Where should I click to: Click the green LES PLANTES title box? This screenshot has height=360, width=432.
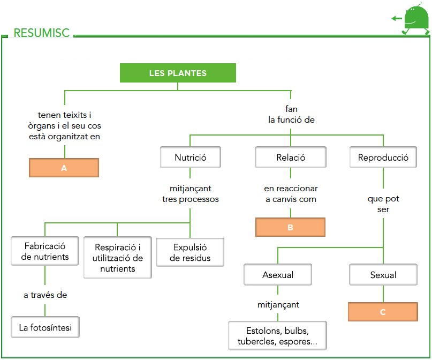point(178,73)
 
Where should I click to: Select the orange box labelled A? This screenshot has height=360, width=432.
point(64,168)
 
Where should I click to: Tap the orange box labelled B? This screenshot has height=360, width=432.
point(290,227)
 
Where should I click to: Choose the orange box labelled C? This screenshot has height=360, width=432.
point(383,312)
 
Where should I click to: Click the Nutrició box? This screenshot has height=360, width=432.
point(190,157)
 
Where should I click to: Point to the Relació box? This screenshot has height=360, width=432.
point(291,157)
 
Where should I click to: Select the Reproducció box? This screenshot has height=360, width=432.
point(383,157)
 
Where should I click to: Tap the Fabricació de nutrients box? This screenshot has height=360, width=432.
point(45,251)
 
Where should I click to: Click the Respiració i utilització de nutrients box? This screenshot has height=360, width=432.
point(117,258)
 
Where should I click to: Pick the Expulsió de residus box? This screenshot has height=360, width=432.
point(190,252)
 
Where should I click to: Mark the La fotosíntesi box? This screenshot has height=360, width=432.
point(45,327)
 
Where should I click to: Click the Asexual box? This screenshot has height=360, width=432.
point(278,275)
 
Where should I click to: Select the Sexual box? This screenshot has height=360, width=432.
point(383,275)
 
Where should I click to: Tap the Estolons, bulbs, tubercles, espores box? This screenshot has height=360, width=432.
point(277,335)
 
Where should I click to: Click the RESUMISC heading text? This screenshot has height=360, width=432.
point(42,33)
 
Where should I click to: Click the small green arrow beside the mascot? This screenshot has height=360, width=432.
point(396,18)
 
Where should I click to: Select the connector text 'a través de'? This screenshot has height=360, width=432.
point(45,295)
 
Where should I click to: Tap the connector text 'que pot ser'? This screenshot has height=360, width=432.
point(383,204)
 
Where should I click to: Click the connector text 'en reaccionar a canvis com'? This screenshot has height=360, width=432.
point(291,194)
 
